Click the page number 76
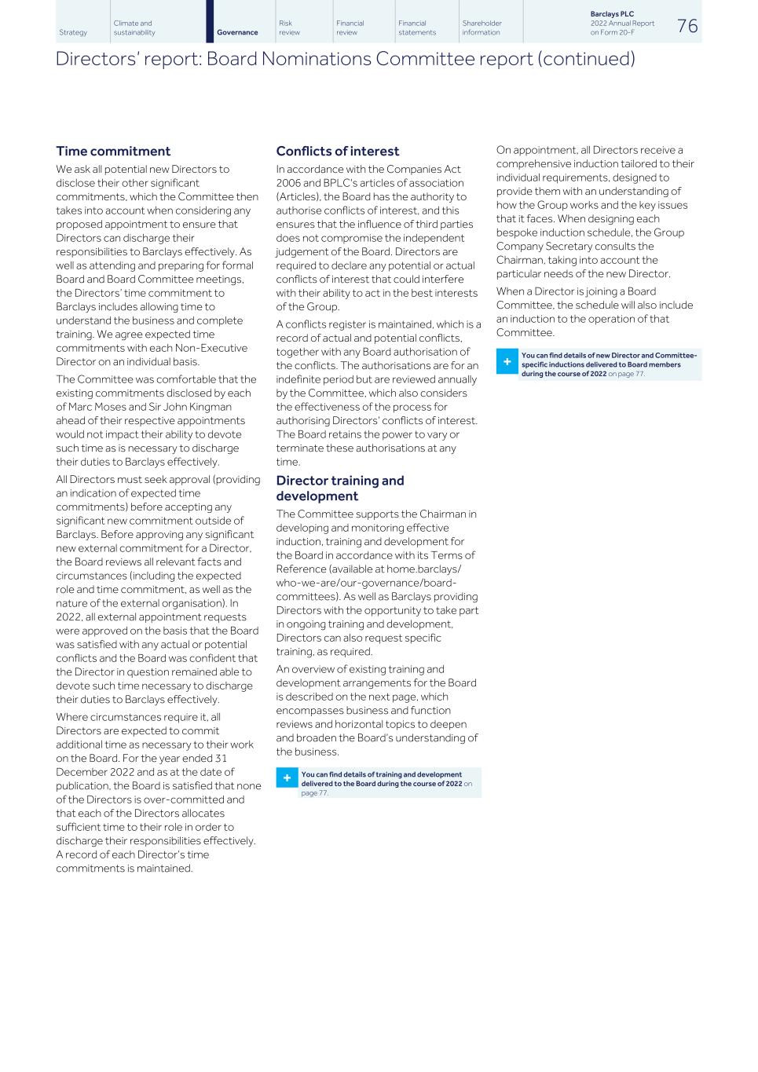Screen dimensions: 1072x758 tap(687, 26)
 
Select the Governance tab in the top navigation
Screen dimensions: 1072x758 tap(237, 32)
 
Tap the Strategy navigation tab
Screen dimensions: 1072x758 tap(73, 32)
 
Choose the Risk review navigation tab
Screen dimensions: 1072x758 tap(290, 28)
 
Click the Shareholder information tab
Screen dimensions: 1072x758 tap(482, 28)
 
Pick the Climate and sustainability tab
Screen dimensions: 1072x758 tap(134, 28)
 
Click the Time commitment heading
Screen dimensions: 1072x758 tap(113, 151)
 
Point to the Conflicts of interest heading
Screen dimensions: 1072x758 tap(338, 151)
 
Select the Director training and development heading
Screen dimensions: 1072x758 tap(339, 488)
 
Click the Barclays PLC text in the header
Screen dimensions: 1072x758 tap(612, 14)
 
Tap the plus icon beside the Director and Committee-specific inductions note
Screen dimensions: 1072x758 tap(507, 362)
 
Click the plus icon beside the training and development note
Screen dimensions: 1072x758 tap(287, 778)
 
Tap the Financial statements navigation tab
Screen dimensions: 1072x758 tap(417, 28)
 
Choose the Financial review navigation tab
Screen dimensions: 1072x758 tap(350, 28)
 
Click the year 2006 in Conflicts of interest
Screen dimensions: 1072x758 tap(290, 183)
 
